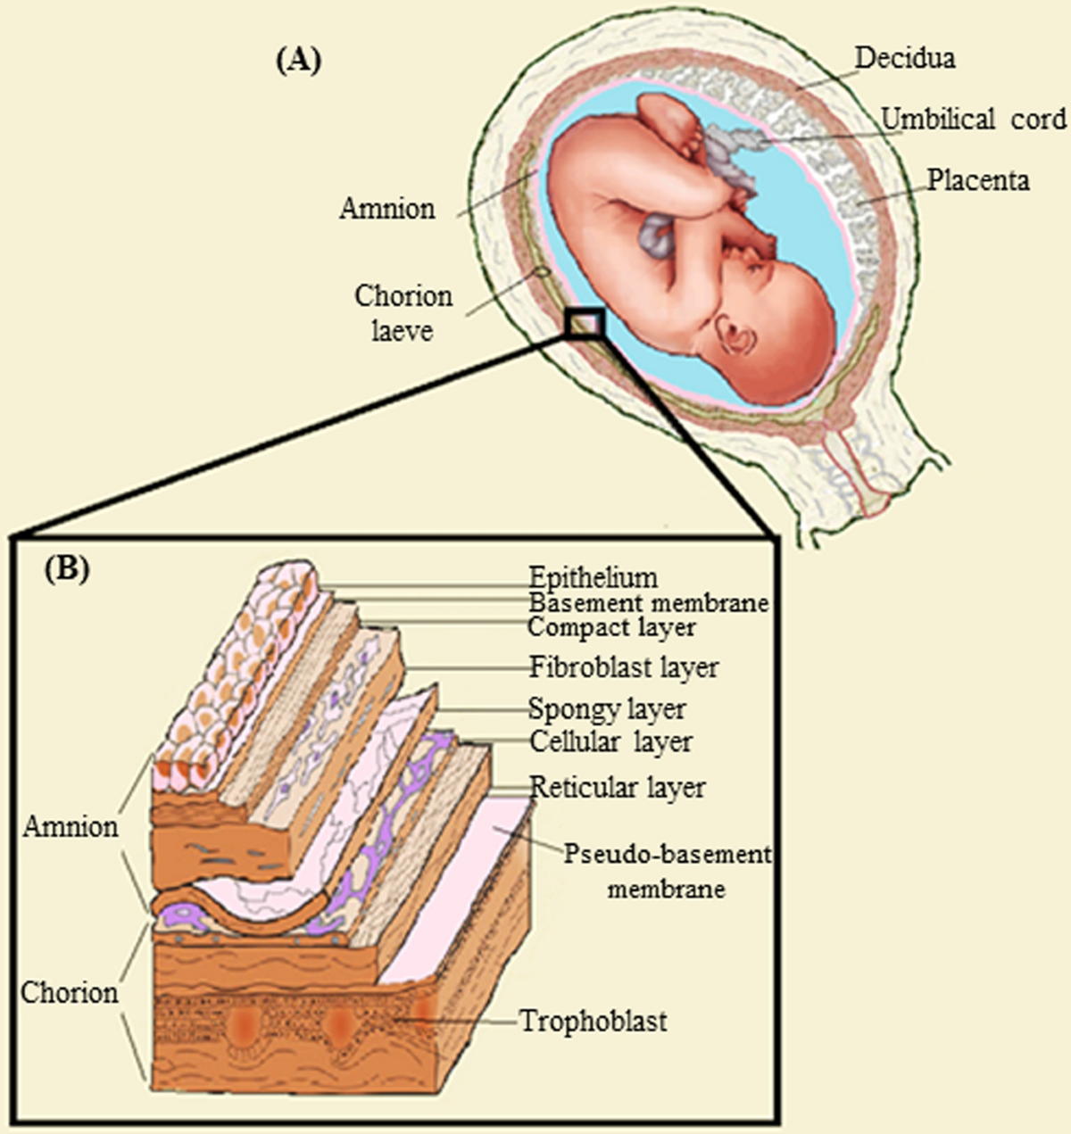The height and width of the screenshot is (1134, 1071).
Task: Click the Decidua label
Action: tap(904, 59)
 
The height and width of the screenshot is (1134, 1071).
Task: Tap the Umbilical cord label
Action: tap(974, 119)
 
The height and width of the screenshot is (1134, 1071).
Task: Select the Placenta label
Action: tap(978, 180)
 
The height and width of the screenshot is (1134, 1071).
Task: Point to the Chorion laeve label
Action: tap(403, 313)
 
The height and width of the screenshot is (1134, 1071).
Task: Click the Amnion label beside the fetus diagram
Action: tap(387, 209)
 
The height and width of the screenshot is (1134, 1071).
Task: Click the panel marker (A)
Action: tap(298, 61)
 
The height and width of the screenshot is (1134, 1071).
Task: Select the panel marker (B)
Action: tap(67, 569)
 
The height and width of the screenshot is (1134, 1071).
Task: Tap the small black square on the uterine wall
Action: tap(585, 323)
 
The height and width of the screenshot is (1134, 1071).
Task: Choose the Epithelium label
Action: tap(593, 577)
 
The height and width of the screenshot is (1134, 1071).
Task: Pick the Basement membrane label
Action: tap(648, 602)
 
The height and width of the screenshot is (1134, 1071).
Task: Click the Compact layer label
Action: tap(611, 627)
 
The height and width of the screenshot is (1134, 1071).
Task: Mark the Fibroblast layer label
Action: tap(624, 667)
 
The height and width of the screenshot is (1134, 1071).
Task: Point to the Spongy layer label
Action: tap(607, 710)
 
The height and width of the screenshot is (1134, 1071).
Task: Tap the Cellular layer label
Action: tap(610, 741)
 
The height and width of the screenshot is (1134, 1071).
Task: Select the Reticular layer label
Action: tap(618, 788)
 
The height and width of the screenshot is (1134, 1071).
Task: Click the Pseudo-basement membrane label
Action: tap(667, 871)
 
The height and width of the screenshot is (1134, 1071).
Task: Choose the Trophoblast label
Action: tap(594, 1021)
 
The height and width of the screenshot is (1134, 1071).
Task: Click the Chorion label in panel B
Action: tap(70, 993)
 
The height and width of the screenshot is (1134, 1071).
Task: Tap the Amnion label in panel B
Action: tap(71, 827)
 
